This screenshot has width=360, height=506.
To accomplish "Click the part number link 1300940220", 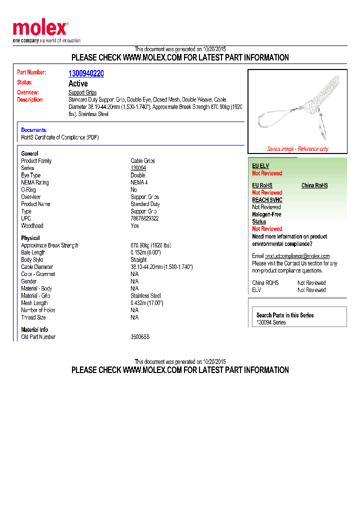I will tap(86, 73).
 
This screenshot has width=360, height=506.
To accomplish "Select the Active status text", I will tap(78, 83).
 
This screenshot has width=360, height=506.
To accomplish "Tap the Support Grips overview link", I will tap(82, 92).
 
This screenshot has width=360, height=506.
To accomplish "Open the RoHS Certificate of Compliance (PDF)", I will tap(59, 137).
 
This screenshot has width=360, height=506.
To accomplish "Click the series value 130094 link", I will tap(138, 168).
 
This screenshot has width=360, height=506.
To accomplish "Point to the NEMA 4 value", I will tap(139, 182).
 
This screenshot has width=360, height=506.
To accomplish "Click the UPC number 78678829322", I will tap(144, 218).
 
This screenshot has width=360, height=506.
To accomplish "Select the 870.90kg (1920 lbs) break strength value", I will tap(150, 245).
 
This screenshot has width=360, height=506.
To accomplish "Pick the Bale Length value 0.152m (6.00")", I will tap(145, 252).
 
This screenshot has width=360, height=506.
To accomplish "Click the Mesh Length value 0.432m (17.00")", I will tap(147, 303).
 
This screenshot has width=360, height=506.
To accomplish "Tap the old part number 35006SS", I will tap(140, 337).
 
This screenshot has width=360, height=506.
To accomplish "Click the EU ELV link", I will tap(260, 166).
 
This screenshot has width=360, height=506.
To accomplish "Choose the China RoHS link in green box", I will tap(314, 185).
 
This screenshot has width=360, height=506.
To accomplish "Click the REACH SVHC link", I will tap(267, 200).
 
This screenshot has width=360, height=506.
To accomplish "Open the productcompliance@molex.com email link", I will tap(297, 256).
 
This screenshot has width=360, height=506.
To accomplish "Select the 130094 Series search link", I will tap(271, 322).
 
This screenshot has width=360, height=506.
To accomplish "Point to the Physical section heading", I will tap(30, 238).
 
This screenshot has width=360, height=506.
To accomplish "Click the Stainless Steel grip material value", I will tap(145, 295).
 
